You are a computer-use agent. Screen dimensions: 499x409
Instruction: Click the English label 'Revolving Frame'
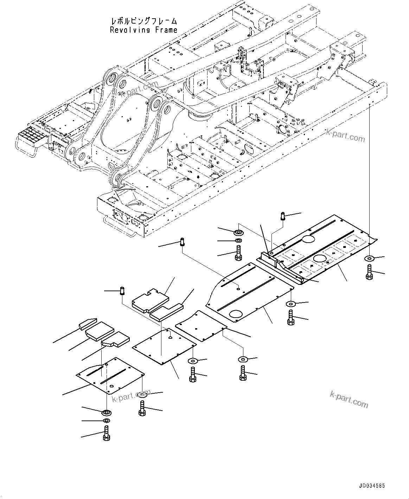pos(143,30)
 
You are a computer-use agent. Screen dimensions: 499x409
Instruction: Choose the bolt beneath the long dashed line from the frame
pos(369,274)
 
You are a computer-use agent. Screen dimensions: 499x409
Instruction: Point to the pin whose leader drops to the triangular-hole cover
pos(122,291)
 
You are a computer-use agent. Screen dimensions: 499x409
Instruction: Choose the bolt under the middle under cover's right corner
pos(290,317)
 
